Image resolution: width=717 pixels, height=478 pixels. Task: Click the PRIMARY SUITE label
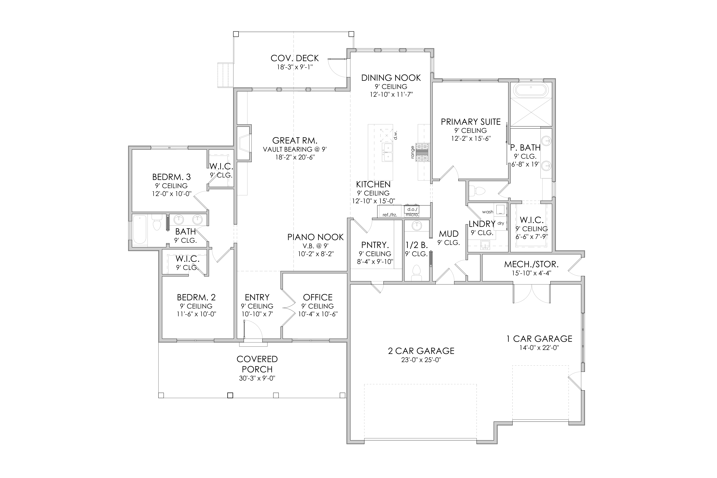(471, 122)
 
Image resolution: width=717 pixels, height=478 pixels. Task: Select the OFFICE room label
(318, 297)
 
